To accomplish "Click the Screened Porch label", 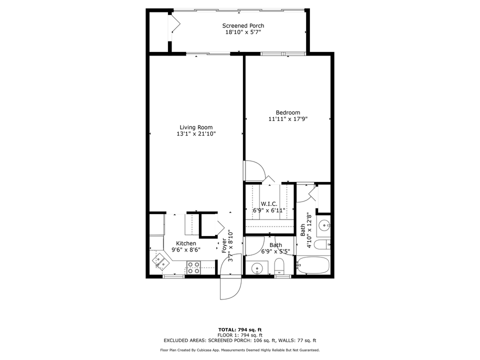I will [x=243, y=25].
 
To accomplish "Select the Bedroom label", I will [x=287, y=112].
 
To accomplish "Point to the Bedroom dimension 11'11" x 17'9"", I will [x=287, y=119].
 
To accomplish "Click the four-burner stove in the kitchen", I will [x=193, y=268].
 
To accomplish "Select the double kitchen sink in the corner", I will [x=161, y=261].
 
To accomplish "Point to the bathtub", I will [x=313, y=264].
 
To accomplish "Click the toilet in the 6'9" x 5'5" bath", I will [x=279, y=266].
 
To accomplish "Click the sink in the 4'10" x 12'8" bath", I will [x=323, y=225].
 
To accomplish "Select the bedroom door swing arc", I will [x=255, y=170].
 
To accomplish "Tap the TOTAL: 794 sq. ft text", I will [x=239, y=329].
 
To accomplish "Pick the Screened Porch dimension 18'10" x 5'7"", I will [x=243, y=32].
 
